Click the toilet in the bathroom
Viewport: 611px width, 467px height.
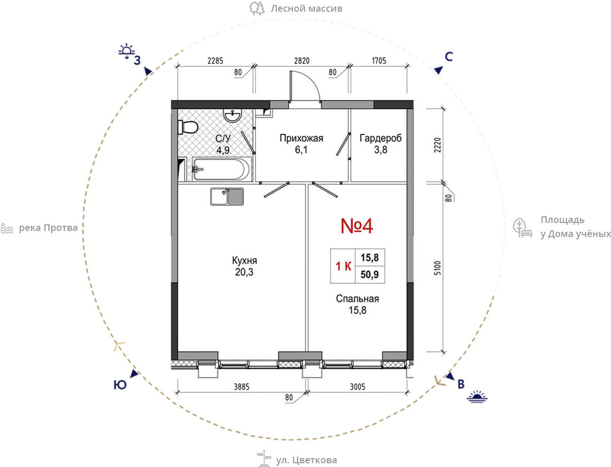click(188, 127)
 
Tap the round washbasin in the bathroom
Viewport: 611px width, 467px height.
click(233, 115)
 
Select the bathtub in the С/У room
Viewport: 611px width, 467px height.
click(222, 169)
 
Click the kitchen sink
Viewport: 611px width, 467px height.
click(227, 197)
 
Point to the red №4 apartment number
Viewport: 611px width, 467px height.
click(357, 226)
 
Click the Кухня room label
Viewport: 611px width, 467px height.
click(244, 260)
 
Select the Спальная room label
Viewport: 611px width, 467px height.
click(357, 299)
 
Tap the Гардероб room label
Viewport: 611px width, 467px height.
click(381, 138)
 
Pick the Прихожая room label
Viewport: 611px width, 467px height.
click(301, 138)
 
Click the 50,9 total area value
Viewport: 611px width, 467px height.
click(370, 275)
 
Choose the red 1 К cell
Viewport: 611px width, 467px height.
click(343, 266)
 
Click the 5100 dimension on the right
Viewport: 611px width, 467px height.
click(438, 268)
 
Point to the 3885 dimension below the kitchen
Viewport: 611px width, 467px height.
click(242, 387)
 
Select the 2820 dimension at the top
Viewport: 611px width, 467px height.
click(302, 61)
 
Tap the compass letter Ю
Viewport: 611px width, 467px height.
click(120, 385)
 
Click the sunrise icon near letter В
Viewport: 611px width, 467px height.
click(477, 397)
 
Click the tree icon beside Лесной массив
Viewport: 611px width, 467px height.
click(257, 8)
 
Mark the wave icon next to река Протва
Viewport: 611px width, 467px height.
click(7, 229)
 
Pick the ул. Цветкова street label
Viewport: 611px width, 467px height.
click(306, 460)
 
